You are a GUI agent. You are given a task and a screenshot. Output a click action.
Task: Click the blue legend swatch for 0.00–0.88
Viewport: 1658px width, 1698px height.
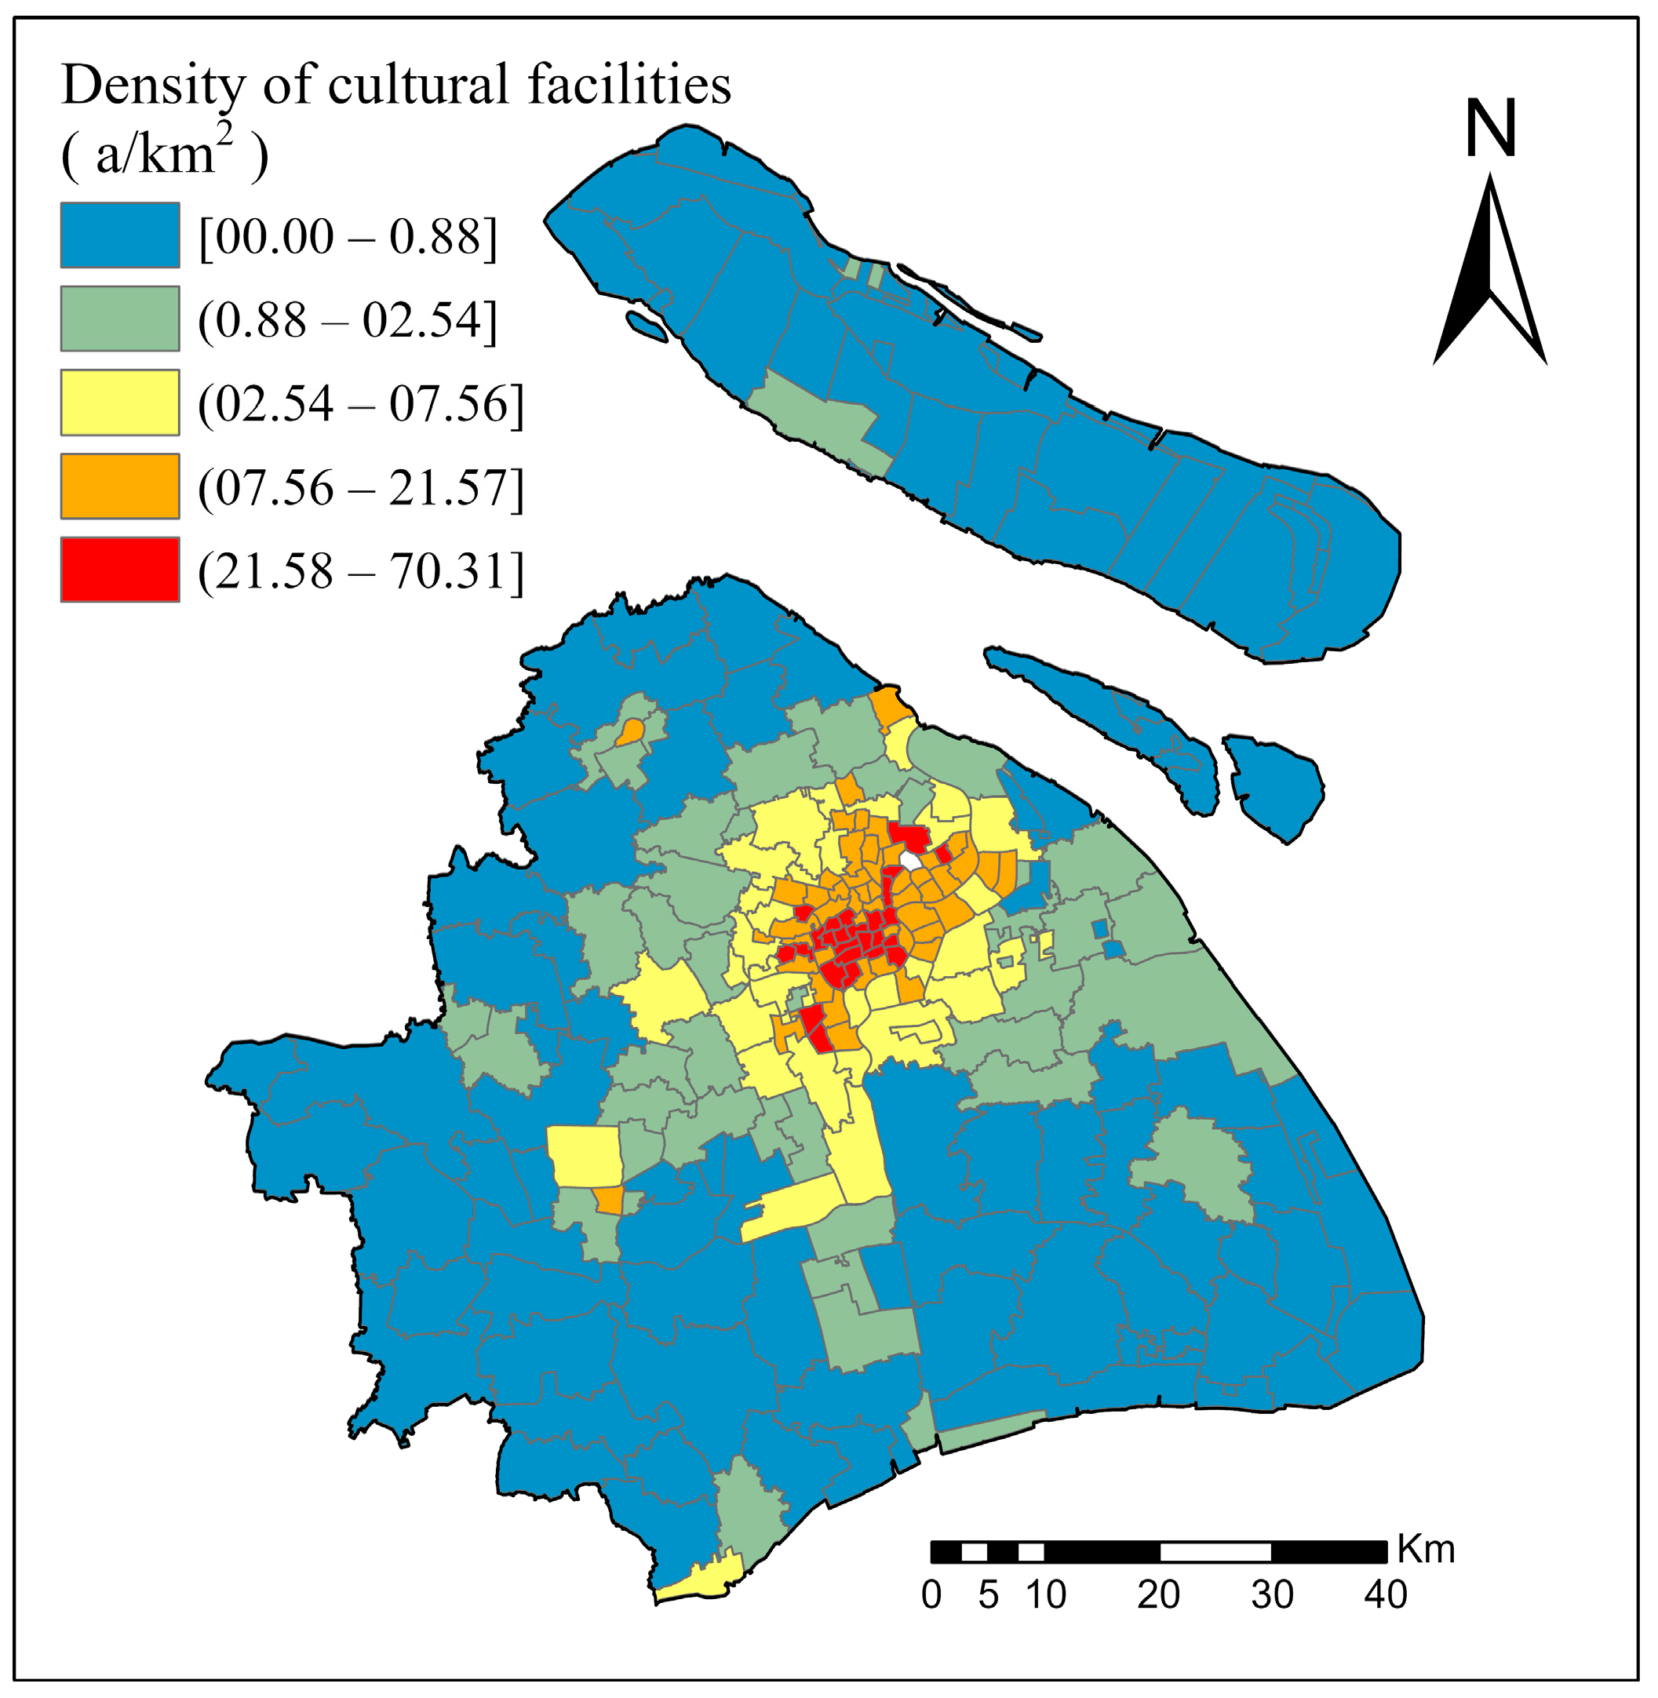point(120,235)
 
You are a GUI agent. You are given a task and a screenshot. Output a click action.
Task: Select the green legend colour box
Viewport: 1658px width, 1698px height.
point(120,319)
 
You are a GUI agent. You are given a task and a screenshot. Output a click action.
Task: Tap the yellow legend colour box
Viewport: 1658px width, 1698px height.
point(120,403)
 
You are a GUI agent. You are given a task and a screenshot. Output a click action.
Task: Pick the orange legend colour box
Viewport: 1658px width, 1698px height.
point(120,486)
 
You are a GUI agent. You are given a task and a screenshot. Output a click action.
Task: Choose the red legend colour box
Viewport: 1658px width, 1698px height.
point(120,570)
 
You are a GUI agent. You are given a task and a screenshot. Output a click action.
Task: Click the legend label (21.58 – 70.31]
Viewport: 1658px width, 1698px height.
point(362,571)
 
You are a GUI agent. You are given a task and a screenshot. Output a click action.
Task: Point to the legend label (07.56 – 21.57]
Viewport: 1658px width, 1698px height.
point(362,487)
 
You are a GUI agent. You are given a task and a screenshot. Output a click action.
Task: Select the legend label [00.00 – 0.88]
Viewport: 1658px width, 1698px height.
point(348,237)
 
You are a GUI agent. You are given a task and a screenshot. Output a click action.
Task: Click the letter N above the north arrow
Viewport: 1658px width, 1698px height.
point(1491,128)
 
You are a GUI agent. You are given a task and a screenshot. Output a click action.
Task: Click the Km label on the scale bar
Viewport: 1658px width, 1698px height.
point(1427,1550)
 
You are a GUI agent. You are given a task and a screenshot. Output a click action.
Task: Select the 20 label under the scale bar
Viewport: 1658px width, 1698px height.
point(1159,1595)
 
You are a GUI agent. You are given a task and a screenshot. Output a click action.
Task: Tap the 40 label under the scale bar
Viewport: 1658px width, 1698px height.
point(1386,1595)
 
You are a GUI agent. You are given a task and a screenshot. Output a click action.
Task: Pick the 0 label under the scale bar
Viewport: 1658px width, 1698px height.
point(931,1595)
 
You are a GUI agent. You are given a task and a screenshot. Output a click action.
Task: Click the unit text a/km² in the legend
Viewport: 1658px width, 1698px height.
point(166,155)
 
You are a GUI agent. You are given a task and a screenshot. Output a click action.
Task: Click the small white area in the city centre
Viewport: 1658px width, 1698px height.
point(910,860)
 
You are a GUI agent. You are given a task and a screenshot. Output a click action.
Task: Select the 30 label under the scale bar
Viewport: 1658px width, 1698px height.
point(1272,1595)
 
